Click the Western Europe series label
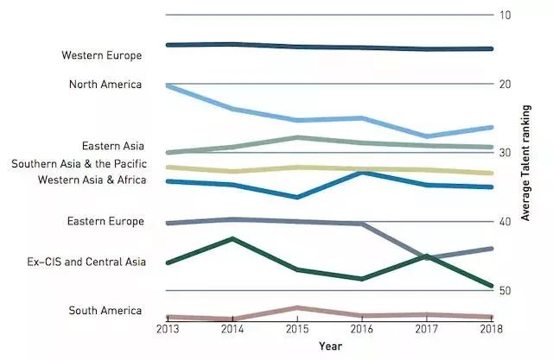pos(101,56)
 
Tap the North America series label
pos(105,85)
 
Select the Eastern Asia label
pos(112,147)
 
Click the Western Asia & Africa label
pos(92,180)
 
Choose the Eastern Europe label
pos(105,222)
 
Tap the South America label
pos(105,311)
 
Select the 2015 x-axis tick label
pos(296,329)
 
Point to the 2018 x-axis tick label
pos(493,329)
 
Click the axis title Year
pos(329,345)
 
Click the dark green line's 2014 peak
pos(231,238)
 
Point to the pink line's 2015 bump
pos(296,307)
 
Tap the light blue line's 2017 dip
pos(427,136)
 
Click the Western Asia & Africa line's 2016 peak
pos(361,173)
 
